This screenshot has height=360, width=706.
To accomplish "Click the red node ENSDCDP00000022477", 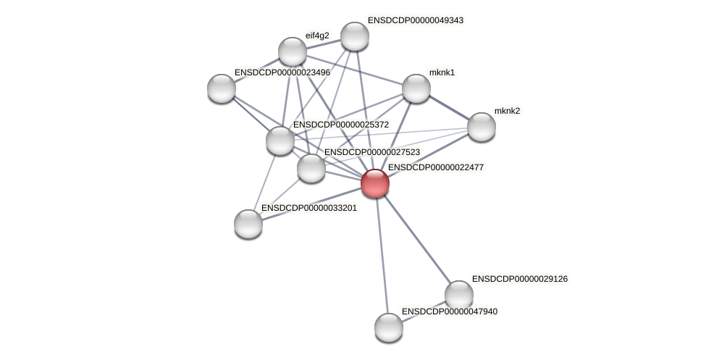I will [375, 183].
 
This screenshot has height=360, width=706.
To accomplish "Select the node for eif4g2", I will [293, 51].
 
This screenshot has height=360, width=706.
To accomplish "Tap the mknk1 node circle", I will [416, 88].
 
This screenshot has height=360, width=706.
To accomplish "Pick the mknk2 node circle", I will [482, 127].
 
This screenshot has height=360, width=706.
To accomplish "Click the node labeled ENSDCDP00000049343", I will [355, 36].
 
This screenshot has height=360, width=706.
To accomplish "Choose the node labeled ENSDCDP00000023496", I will [222, 88].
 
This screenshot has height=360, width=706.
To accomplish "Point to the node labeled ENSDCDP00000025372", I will [280, 141].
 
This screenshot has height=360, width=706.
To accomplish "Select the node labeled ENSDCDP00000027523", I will [311, 168].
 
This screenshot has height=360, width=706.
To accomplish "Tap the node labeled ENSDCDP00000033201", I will [248, 224].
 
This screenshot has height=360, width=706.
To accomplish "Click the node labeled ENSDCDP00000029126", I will [459, 295].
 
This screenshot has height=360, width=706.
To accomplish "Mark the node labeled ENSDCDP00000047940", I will [389, 327].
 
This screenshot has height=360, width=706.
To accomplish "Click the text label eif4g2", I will [317, 35].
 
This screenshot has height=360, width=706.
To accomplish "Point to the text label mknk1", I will [442, 72].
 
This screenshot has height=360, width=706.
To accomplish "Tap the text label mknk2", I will [507, 111].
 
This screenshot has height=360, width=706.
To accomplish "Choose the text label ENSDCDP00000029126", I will [519, 279].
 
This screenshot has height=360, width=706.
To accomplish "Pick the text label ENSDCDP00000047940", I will [449, 311].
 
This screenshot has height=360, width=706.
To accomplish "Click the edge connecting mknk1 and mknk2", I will [449, 108].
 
